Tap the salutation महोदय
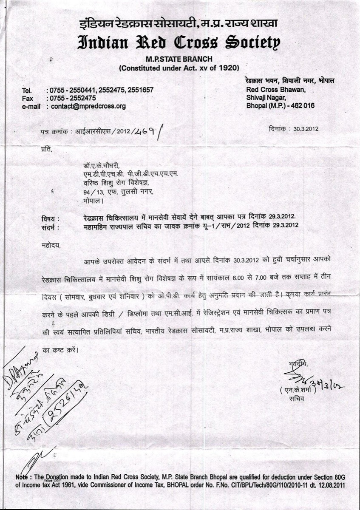pyautogui.click(x=51, y=245)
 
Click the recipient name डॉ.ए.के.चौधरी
pyautogui.click(x=102, y=165)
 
